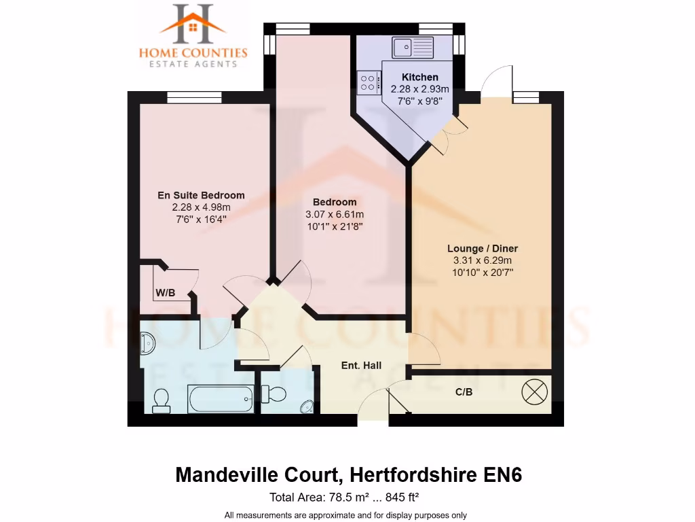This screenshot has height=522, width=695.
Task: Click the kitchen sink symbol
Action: click(x=412, y=47)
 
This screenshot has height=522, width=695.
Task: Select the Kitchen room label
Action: click(x=419, y=77)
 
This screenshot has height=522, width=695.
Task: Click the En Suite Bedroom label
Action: click(x=201, y=195)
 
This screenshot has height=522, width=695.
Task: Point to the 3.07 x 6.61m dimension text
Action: click(x=335, y=214)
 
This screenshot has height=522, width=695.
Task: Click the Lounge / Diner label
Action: click(x=482, y=248)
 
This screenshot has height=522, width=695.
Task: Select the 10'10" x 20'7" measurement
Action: click(x=482, y=272)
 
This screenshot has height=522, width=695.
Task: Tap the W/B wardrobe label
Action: click(x=166, y=294)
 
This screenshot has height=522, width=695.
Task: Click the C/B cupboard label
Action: click(x=464, y=392)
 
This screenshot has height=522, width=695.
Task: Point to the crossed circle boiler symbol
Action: click(x=533, y=392)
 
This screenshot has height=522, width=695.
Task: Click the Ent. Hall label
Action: click(x=361, y=366)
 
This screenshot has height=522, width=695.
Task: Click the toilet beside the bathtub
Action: click(x=162, y=400)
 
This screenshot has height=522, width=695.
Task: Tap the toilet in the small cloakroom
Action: click(x=275, y=393)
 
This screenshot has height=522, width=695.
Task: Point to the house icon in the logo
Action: click(x=193, y=28)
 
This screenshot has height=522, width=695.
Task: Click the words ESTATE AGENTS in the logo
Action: click(x=193, y=64)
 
